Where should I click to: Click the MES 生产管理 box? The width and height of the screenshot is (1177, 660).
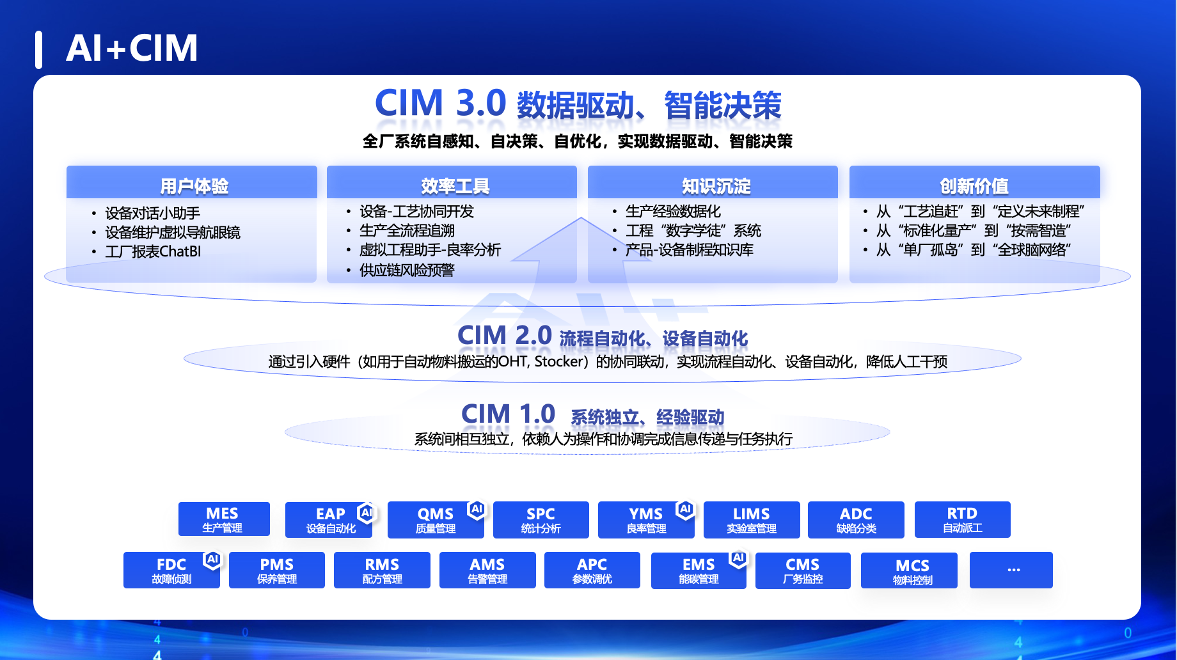224,519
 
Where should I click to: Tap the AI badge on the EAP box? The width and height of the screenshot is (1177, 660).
367,512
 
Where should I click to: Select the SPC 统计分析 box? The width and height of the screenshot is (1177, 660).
541,520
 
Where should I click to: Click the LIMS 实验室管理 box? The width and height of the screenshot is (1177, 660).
752,520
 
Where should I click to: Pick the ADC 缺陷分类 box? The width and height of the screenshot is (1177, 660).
856,520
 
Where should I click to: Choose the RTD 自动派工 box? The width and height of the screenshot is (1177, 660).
962,520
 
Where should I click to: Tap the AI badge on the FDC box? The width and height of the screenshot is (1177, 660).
212,560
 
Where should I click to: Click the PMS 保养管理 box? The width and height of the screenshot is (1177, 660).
277,570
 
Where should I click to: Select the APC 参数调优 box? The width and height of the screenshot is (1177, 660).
592,570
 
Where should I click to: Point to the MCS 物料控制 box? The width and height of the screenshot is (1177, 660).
909,570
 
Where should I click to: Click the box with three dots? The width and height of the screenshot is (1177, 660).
1011,570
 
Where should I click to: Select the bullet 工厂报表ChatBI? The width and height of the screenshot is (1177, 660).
154,251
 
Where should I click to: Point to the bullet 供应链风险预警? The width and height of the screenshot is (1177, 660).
407,270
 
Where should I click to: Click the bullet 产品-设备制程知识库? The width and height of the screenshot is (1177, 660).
690,249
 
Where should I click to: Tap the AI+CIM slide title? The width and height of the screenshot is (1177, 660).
132,48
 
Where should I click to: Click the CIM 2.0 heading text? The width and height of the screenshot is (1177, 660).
603,336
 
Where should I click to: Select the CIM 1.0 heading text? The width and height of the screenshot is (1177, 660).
593,414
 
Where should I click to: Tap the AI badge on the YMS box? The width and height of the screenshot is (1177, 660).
685,509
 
